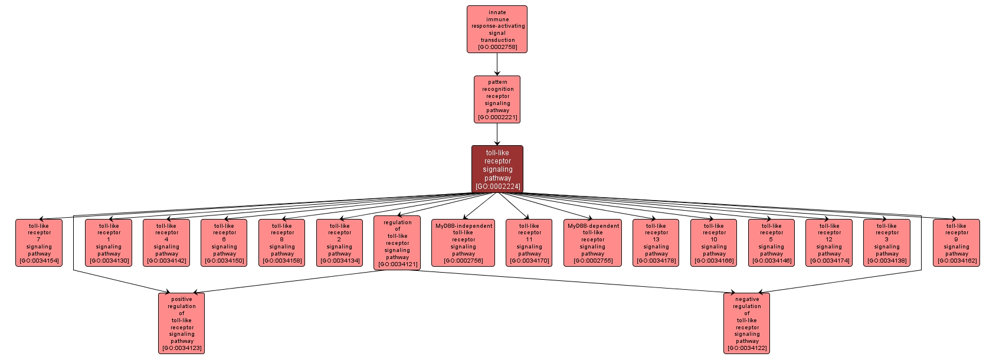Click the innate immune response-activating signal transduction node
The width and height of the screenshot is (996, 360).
[x=497, y=30]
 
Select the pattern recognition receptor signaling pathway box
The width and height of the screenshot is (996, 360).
[x=497, y=99]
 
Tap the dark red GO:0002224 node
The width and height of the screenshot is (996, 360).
[x=497, y=169]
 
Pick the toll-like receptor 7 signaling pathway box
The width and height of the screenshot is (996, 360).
[x=39, y=243]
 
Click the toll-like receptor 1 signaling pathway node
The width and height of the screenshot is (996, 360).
[x=109, y=243]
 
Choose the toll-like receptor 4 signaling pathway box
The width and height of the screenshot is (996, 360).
[x=166, y=243]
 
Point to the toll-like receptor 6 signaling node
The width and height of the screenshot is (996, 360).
[x=224, y=243]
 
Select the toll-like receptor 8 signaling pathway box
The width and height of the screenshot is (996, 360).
[x=282, y=243]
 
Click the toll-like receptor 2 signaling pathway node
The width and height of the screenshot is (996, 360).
[x=339, y=243]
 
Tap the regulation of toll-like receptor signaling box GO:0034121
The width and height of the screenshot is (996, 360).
[x=397, y=243]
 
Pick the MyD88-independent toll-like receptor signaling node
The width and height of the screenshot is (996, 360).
[x=463, y=243]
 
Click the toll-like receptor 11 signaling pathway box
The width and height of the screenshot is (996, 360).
[x=529, y=243]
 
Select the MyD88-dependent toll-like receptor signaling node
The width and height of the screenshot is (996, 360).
[x=593, y=243]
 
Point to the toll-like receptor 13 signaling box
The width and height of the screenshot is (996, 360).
[x=656, y=243]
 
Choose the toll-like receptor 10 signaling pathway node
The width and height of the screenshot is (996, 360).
[x=714, y=243]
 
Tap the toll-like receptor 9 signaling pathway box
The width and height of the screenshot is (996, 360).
[x=956, y=243]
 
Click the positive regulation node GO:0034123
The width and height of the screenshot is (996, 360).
[x=182, y=323]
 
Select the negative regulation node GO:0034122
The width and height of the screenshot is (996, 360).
[x=747, y=323]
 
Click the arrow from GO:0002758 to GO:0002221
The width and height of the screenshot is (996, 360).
[x=497, y=64]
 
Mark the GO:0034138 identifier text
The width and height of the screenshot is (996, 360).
[x=887, y=261]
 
